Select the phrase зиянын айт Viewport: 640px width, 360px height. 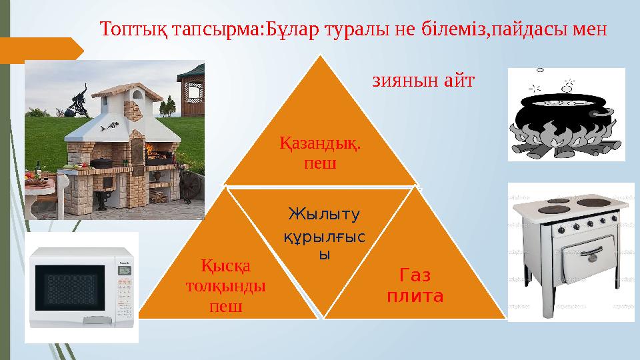422,81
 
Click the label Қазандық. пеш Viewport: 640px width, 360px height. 319,152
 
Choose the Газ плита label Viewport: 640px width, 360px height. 415,285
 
